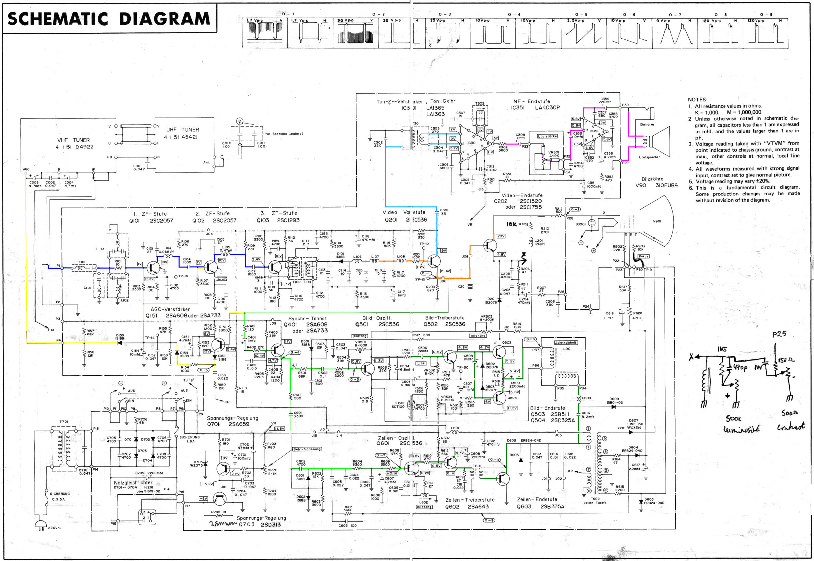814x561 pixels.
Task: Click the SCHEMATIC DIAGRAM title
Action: point(109,19)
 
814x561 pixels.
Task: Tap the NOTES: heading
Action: point(697,100)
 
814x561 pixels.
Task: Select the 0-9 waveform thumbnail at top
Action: point(765,33)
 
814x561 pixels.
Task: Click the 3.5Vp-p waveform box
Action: point(583,33)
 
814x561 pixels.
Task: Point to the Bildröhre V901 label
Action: point(656,182)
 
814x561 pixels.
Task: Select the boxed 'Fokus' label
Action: point(643,256)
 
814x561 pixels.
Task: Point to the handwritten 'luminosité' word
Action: point(741,429)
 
